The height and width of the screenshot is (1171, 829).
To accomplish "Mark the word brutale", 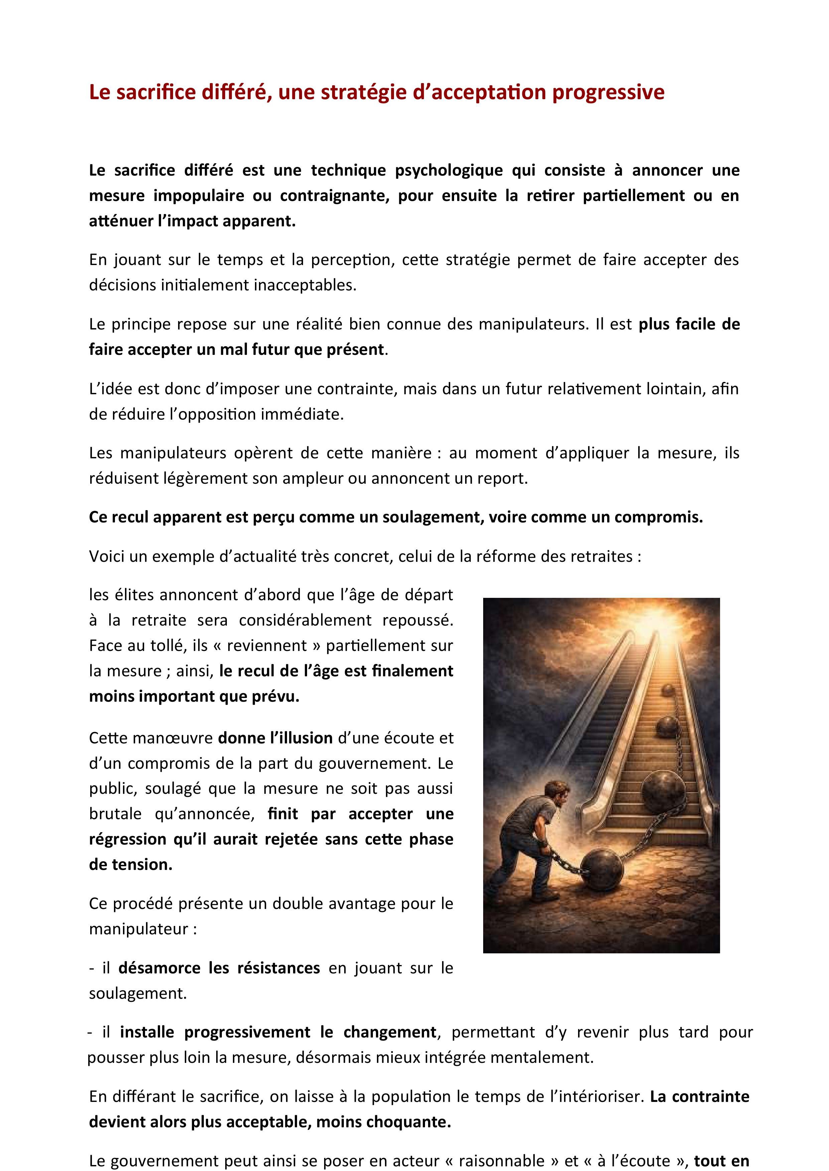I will tap(115, 814).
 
